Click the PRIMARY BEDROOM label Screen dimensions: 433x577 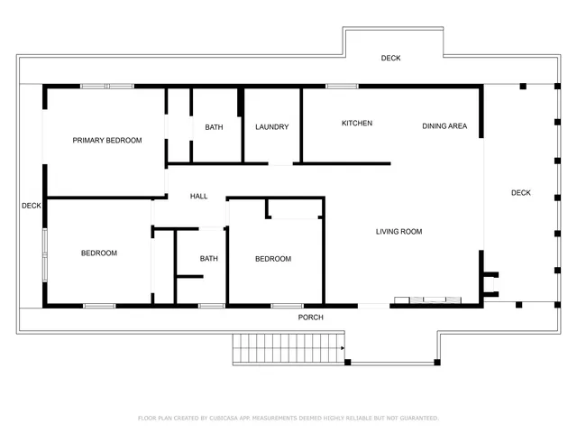(x=107, y=141)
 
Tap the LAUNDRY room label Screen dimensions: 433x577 (x=271, y=127)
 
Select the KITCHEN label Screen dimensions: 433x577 (x=356, y=124)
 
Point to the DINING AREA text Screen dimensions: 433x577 (x=444, y=126)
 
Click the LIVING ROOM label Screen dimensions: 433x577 (x=398, y=232)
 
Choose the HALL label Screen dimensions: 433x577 (x=198, y=197)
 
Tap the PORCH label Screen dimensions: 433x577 (x=310, y=318)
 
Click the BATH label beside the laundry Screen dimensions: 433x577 (x=214, y=127)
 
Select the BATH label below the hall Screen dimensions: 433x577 (x=208, y=259)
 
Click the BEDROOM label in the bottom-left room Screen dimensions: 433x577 (x=99, y=253)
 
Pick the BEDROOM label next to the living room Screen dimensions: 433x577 (x=272, y=259)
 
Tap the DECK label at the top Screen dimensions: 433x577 (x=390, y=59)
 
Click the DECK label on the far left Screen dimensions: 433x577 (x=32, y=206)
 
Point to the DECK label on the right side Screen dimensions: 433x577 (x=521, y=193)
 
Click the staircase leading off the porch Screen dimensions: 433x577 (x=288, y=346)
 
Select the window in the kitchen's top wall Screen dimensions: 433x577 (x=342, y=87)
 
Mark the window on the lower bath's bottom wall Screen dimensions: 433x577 (x=211, y=306)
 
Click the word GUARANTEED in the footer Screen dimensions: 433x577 (x=418, y=419)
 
